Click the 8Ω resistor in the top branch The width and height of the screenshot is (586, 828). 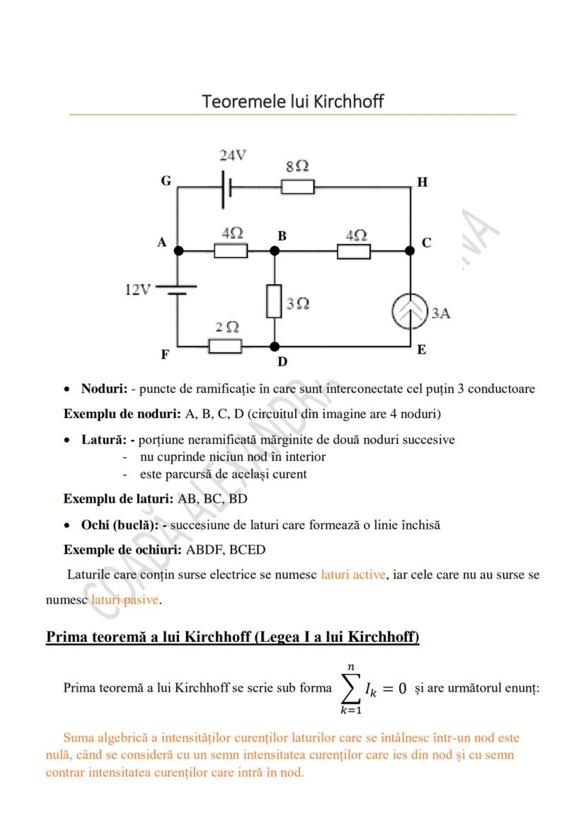(x=297, y=187)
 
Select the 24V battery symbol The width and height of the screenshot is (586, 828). (x=227, y=187)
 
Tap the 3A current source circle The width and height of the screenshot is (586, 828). (x=410, y=312)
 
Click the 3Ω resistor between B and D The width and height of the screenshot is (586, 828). (x=275, y=301)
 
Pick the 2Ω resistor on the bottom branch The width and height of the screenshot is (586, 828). (x=225, y=346)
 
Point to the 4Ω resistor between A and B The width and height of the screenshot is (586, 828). (x=231, y=250)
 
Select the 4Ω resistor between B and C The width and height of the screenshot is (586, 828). (x=353, y=251)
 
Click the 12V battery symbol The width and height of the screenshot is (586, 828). (x=176, y=290)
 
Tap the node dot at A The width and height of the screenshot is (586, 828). (x=178, y=250)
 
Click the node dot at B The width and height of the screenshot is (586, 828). (x=275, y=250)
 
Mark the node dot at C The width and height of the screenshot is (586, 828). (x=409, y=250)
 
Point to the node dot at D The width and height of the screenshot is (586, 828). (x=275, y=346)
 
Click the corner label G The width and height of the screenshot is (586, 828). (x=166, y=181)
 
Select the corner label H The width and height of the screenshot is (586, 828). (x=423, y=182)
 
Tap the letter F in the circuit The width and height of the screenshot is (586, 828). (x=164, y=355)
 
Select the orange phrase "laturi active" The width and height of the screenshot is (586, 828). (x=353, y=574)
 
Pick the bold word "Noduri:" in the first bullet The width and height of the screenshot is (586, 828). (x=104, y=388)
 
